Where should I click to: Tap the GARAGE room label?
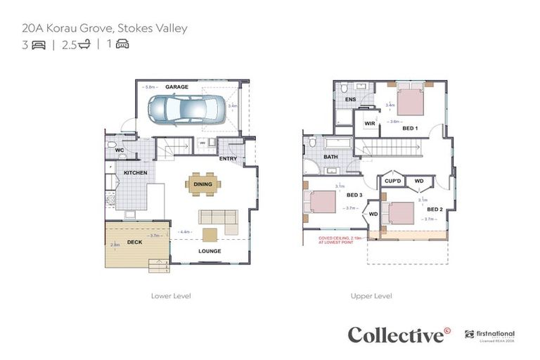176,86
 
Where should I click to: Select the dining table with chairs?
203,184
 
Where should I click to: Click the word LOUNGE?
210,251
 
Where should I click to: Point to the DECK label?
134,243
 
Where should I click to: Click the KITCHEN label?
135,172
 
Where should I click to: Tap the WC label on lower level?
119,150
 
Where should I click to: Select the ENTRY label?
228,159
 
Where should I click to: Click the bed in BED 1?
410,101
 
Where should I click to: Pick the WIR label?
369,123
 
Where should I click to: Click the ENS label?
349,100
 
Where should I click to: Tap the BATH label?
330,157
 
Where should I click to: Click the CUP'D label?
393,181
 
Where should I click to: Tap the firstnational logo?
491,335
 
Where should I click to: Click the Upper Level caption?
371,296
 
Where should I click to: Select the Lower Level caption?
171,296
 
